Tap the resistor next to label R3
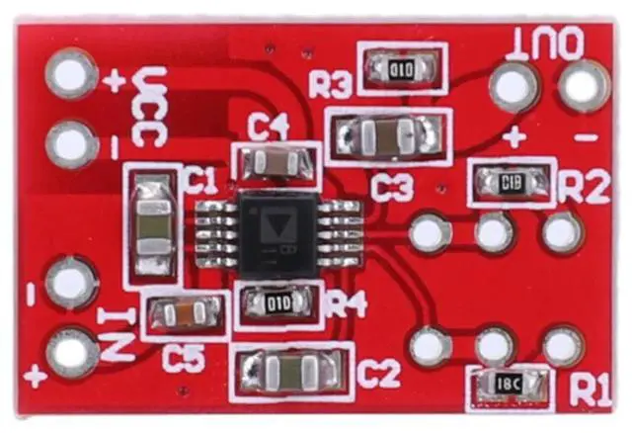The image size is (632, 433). pyautogui.click(x=400, y=68)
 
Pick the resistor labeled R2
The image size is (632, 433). pyautogui.click(x=511, y=182)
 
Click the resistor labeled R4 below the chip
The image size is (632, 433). pyautogui.click(x=277, y=303)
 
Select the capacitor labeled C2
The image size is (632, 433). pyautogui.click(x=291, y=370)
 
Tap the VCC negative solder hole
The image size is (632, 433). pyautogui.click(x=72, y=144)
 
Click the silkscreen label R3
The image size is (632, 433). pyautogui.click(x=330, y=85)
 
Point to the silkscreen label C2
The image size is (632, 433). pyautogui.click(x=378, y=374)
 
